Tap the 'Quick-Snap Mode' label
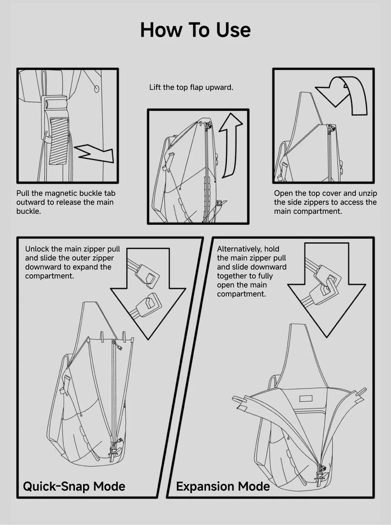pyautogui.click(x=74, y=486)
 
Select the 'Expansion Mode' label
pyautogui.click(x=223, y=486)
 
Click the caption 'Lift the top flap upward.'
pyautogui.click(x=191, y=87)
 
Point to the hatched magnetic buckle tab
pyautogui.click(x=59, y=141)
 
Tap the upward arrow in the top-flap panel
pyautogui.click(x=231, y=145)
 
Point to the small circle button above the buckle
pyautogui.click(x=97, y=89)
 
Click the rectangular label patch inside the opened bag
pyautogui.click(x=306, y=398)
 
